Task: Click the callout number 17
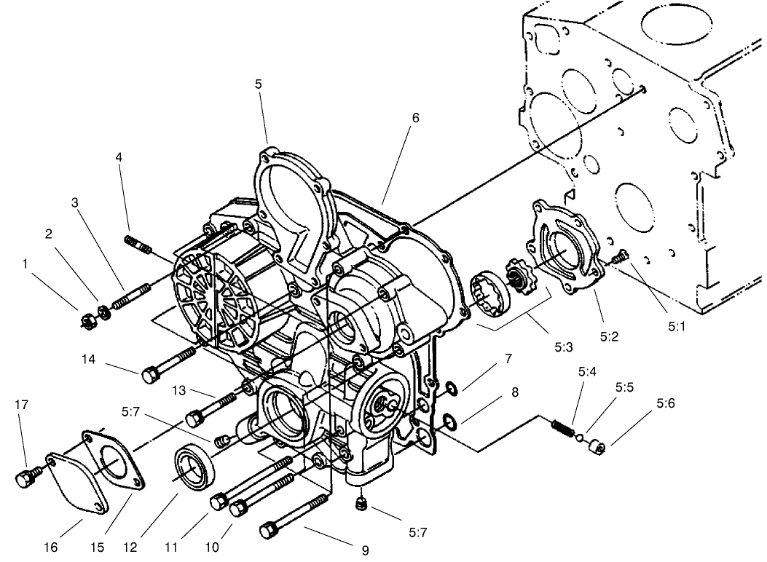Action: [x=22, y=405]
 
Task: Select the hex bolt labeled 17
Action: [x=23, y=478]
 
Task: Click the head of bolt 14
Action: [x=150, y=375]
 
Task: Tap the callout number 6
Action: [x=415, y=117]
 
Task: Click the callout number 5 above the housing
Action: [x=259, y=84]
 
